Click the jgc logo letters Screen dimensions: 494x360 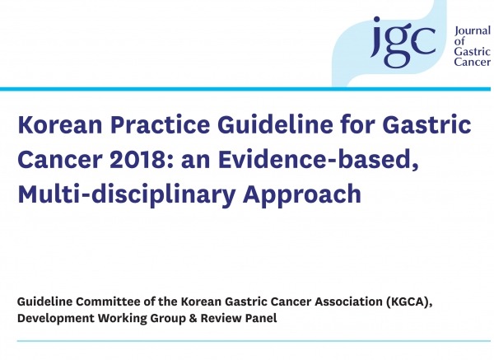click(403, 42)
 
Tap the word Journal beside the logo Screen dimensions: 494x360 click(473, 31)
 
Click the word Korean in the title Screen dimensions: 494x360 click(60, 124)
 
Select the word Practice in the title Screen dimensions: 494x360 click(160, 124)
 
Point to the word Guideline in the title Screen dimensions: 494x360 click(275, 124)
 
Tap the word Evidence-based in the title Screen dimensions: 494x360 click(319, 160)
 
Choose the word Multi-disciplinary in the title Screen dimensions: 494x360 click(127, 194)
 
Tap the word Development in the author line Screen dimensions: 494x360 click(56, 318)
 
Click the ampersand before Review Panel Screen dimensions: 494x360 click(193, 318)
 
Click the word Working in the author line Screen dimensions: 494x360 click(122, 318)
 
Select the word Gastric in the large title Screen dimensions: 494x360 click(426, 124)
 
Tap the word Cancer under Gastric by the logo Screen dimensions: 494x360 click(473, 61)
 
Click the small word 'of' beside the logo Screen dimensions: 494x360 click(459, 41)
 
